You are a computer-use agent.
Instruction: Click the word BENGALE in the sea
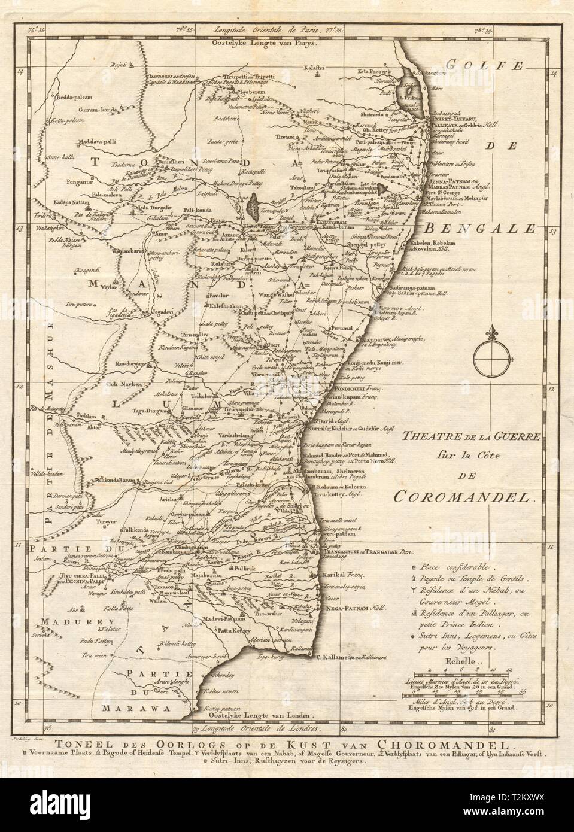point(479,228)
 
